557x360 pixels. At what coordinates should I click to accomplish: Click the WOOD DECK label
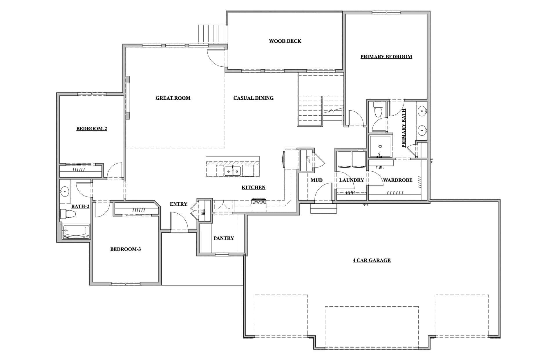coord(285,41)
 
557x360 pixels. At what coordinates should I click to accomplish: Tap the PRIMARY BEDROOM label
coord(386,57)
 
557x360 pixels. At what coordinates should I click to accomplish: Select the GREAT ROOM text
coord(173,98)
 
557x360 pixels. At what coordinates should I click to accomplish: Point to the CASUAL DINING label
coord(254,98)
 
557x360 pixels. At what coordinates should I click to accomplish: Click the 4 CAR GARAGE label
coord(372,260)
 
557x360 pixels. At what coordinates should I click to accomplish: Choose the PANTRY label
coord(224,238)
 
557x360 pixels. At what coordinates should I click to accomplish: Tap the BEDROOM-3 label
coord(126,249)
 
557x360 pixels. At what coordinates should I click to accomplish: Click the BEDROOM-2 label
coord(92,129)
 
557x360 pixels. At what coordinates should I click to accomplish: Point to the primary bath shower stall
coord(379,147)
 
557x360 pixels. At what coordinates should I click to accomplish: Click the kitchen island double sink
coord(233,171)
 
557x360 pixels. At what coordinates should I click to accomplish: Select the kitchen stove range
coord(259,202)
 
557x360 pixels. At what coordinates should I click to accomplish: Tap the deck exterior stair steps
coord(212,34)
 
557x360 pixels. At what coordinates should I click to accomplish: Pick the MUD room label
coord(317,180)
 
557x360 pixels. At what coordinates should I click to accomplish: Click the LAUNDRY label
coord(352,180)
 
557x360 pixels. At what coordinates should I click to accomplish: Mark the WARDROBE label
coord(398,180)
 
